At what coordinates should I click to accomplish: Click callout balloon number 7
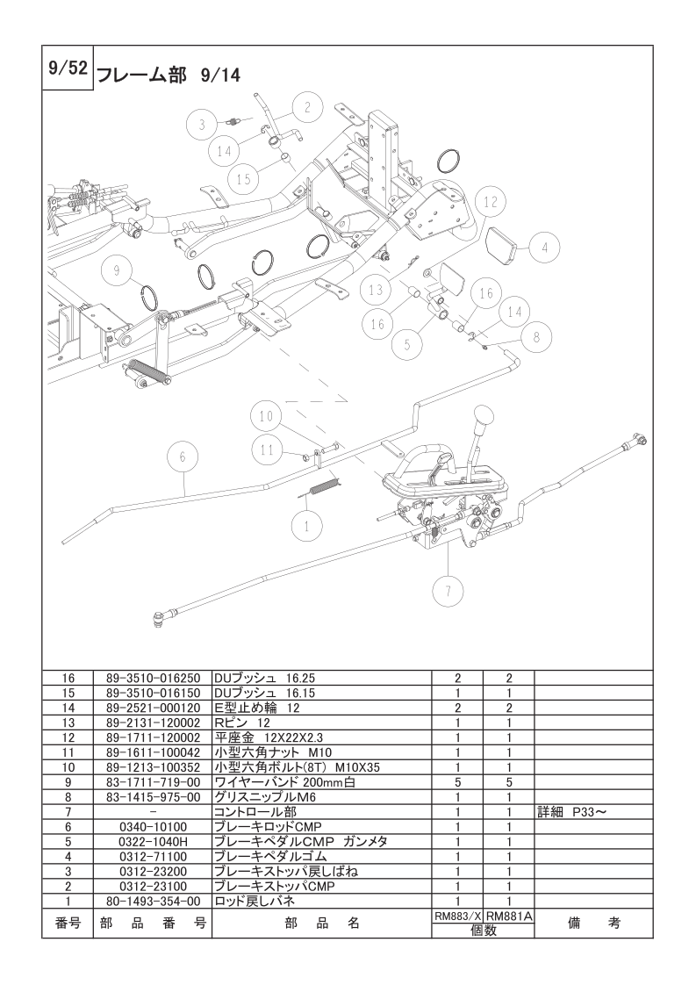tap(448, 591)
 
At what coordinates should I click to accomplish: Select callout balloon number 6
tap(183, 457)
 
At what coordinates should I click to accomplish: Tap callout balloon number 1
tap(305, 527)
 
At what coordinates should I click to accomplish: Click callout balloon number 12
tap(491, 201)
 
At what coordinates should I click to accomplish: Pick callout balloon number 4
tap(544, 248)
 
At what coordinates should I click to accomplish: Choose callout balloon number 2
tap(307, 108)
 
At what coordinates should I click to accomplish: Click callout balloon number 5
tap(406, 345)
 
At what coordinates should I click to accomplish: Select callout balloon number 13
tap(376, 289)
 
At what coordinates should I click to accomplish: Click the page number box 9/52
tap(67, 69)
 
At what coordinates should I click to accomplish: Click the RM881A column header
tap(509, 914)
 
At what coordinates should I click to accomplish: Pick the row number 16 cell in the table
tap(68, 678)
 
